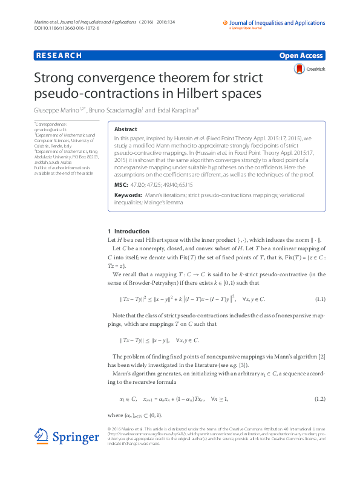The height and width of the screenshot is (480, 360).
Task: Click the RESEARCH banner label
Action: pyautogui.click(x=59, y=56)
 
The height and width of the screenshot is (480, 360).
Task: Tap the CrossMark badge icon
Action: pyautogui.click(x=299, y=70)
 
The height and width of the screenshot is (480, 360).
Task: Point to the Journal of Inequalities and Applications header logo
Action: pyautogui.click(x=273, y=24)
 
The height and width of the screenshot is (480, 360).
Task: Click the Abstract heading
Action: pyautogui.click(x=125, y=129)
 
